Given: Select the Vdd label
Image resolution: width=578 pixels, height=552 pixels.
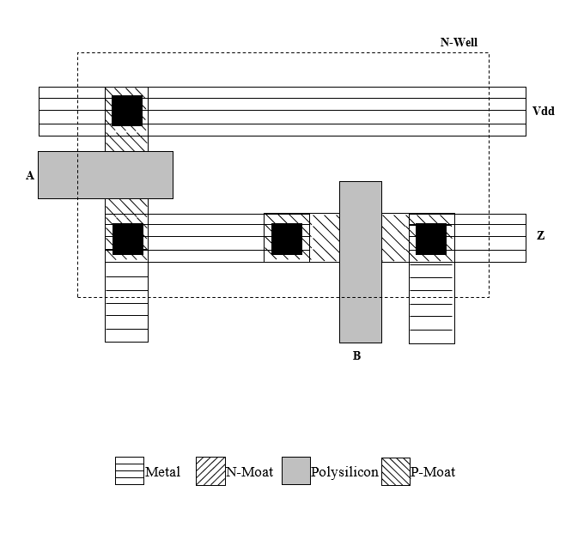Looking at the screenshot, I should [544, 111].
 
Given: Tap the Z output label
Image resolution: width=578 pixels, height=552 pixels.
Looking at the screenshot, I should [540, 235].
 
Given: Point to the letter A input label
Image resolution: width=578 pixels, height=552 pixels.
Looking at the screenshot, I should [30, 175].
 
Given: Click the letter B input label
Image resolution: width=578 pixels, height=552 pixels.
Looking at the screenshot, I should [356, 355].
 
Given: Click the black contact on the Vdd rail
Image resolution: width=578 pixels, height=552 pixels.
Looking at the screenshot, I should [127, 111].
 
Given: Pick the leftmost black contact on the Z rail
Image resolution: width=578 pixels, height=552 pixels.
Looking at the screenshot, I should [128, 239].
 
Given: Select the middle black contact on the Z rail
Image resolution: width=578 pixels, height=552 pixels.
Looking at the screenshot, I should [287, 239].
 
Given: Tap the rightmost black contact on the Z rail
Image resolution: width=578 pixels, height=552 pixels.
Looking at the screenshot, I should [431, 239].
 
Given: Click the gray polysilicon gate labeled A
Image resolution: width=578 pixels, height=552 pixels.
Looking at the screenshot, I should [105, 175].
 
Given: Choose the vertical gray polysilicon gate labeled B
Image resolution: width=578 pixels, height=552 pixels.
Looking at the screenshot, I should [361, 262].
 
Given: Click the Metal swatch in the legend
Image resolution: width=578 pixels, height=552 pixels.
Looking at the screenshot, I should [130, 471].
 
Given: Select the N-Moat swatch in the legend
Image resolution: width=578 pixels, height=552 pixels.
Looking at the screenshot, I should [210, 471].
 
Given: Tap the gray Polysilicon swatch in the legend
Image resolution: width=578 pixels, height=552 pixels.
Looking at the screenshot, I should [296, 471].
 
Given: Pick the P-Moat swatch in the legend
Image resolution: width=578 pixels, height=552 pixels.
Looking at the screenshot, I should [396, 471].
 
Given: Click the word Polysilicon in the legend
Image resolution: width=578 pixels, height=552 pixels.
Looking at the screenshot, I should [344, 472].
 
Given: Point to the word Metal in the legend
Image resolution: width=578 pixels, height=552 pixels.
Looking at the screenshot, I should [162, 472].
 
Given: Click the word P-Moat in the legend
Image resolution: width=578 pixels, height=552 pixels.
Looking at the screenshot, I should [433, 472].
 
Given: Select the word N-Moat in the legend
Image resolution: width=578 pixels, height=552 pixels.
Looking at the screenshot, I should [249, 472].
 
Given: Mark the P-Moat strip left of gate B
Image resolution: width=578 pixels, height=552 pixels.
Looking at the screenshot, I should [325, 238].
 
